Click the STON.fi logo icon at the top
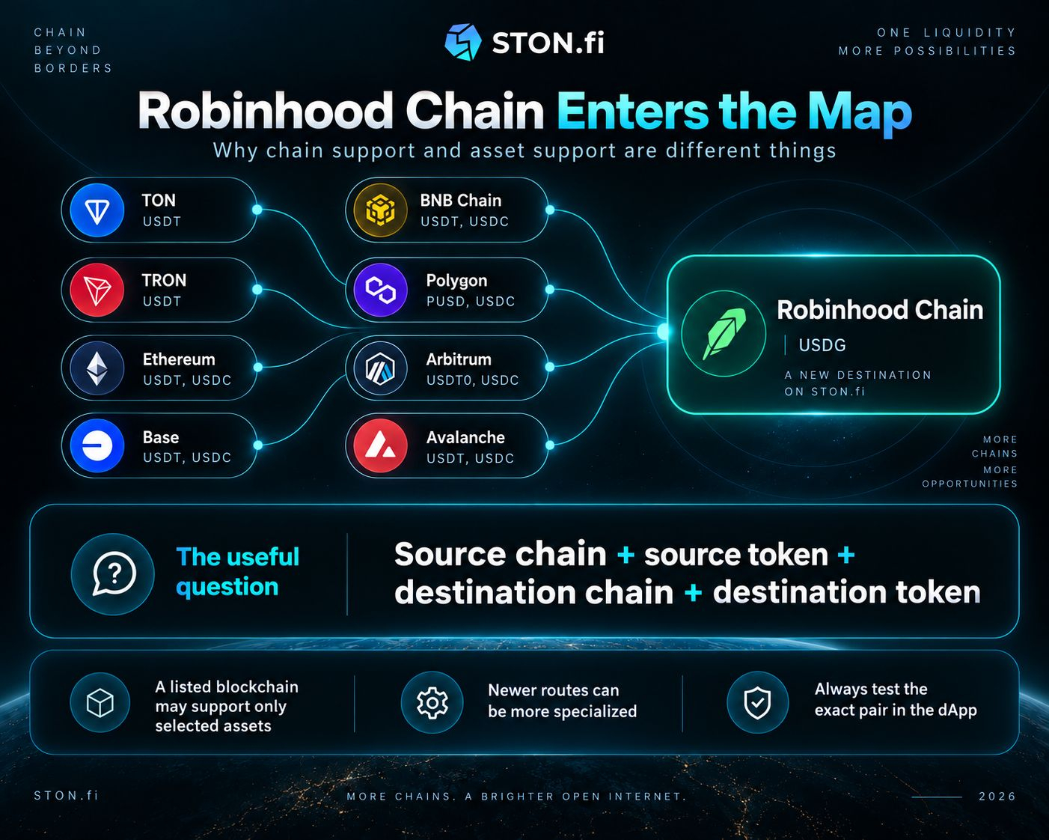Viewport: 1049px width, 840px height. click(x=462, y=42)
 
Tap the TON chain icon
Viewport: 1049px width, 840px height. click(x=97, y=210)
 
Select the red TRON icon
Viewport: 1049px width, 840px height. click(x=97, y=290)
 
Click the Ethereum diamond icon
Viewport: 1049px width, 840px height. click(x=97, y=368)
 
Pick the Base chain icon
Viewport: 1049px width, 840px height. click(x=97, y=445)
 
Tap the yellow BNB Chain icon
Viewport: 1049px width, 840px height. click(x=380, y=210)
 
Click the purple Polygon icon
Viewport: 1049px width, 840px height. click(x=380, y=290)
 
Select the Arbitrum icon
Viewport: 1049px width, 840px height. click(x=380, y=368)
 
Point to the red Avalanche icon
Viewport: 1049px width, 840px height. click(x=380, y=445)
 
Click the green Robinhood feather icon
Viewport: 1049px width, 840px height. click(x=724, y=334)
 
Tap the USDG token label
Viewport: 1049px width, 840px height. click(x=822, y=345)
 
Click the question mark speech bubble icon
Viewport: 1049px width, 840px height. click(x=113, y=574)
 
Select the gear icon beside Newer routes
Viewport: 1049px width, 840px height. click(x=432, y=702)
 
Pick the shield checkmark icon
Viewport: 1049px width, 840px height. click(x=757, y=702)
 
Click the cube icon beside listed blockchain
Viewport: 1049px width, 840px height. click(x=100, y=702)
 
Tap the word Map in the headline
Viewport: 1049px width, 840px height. click(x=860, y=113)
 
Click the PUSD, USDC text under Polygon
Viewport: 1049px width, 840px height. click(x=471, y=302)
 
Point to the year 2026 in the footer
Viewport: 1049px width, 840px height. click(x=997, y=797)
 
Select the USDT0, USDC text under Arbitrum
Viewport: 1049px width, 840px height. click(x=472, y=380)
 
